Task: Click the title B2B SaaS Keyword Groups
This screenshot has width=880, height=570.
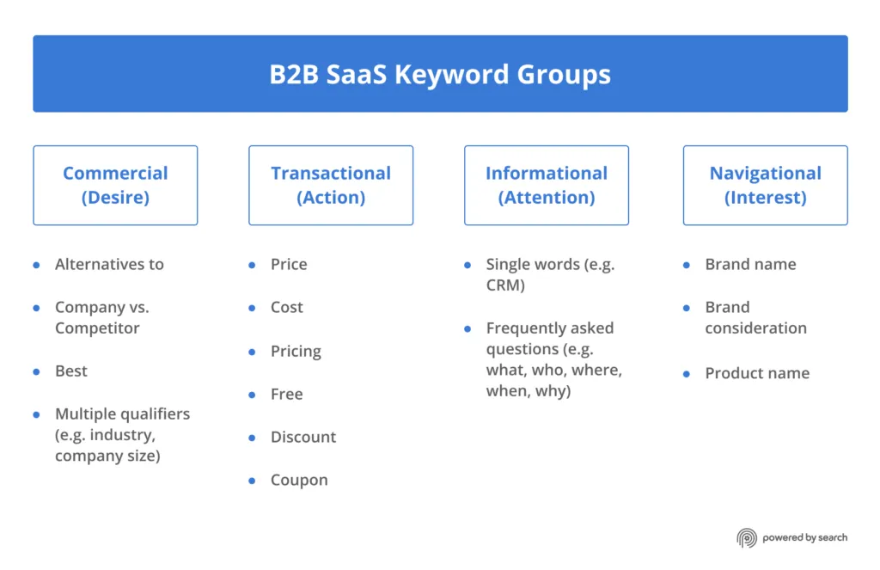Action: click(x=440, y=74)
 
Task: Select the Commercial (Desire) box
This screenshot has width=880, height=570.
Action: click(x=115, y=185)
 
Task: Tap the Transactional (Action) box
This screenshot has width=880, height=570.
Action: click(x=331, y=185)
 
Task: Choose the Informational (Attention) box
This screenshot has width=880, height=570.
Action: click(x=547, y=185)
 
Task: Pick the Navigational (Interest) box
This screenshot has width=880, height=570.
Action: click(x=765, y=185)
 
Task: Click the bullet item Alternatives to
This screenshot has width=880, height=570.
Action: click(x=109, y=264)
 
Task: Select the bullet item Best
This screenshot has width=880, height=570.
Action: click(x=71, y=371)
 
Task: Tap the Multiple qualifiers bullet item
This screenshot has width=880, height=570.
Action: click(x=122, y=434)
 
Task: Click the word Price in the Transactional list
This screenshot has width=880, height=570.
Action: click(x=289, y=264)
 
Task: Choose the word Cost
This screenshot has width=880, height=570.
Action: click(x=287, y=307)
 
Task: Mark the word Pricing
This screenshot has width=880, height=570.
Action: click(x=296, y=351)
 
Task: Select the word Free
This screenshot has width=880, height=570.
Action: click(x=287, y=394)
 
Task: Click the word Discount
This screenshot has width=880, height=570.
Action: click(x=303, y=437)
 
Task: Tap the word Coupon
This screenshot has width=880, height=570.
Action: click(x=299, y=480)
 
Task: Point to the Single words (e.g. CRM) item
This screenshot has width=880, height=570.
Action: click(x=550, y=274)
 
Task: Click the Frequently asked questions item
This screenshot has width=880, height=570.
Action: click(x=553, y=359)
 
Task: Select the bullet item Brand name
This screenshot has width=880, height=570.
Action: click(x=750, y=264)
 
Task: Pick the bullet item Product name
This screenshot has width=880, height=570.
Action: click(x=757, y=373)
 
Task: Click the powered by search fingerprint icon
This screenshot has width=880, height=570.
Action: click(x=747, y=538)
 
